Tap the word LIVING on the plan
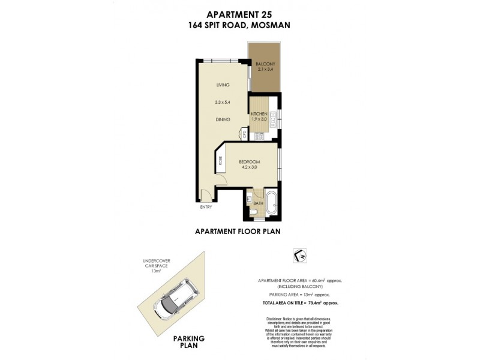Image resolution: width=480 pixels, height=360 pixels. click(x=223, y=85)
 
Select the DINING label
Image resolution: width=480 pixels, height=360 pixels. click(x=223, y=119)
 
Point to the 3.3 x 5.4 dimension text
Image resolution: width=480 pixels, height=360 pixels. click(x=223, y=102)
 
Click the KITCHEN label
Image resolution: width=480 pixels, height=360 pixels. click(x=259, y=113)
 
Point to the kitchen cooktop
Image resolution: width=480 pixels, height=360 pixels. click(x=260, y=136)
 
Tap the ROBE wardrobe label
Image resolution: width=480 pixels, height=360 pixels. click(x=220, y=160)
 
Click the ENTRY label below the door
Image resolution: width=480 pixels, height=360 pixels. click(x=206, y=208)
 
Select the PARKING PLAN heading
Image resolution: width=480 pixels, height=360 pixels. click(x=189, y=341)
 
